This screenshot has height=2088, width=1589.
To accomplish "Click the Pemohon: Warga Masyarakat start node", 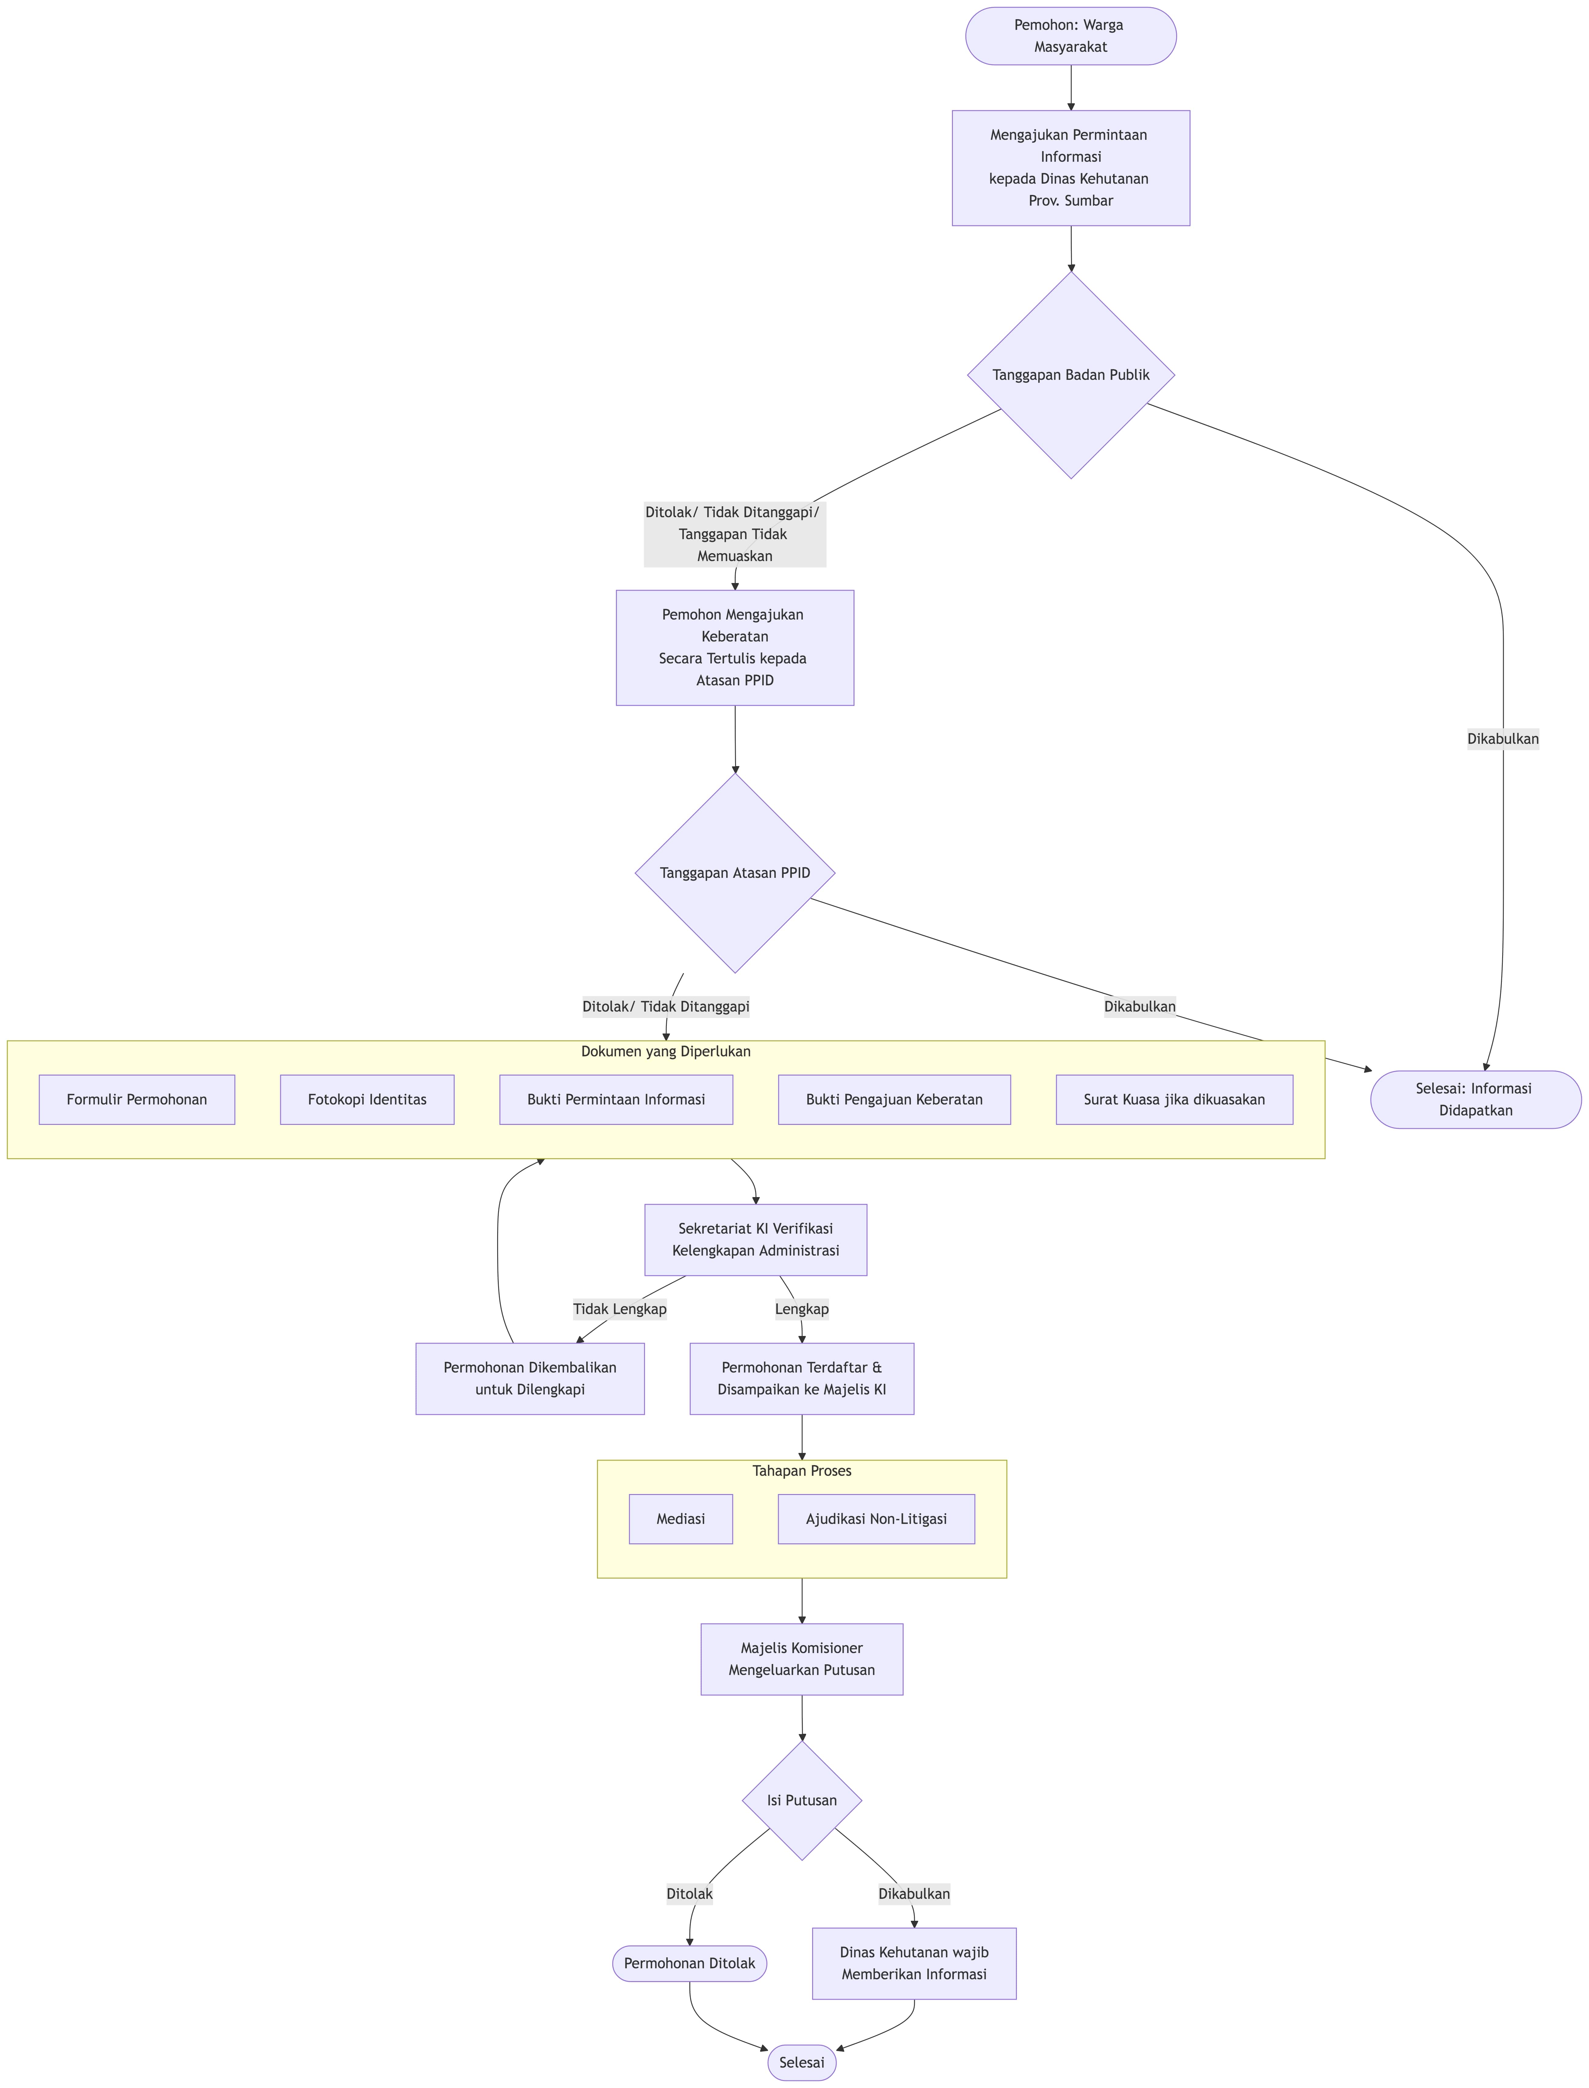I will pos(1071,36).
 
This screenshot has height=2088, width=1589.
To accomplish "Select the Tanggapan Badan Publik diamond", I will pos(1071,374).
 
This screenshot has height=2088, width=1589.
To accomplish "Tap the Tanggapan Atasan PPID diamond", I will pos(735,873).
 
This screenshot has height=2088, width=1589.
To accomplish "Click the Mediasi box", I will pos(681,1519).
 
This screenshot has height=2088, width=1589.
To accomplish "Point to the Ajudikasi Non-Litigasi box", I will pos(876,1519).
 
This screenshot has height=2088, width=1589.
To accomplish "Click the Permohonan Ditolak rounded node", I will pos(689,1963).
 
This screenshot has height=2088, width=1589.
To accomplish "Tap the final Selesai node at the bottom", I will pos(802,2062).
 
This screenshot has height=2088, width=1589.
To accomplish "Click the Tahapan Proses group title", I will pos(802,1471).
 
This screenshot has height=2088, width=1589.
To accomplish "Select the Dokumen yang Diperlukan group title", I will pos(666,1051).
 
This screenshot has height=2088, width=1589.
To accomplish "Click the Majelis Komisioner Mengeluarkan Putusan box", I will pos(802,1659).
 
